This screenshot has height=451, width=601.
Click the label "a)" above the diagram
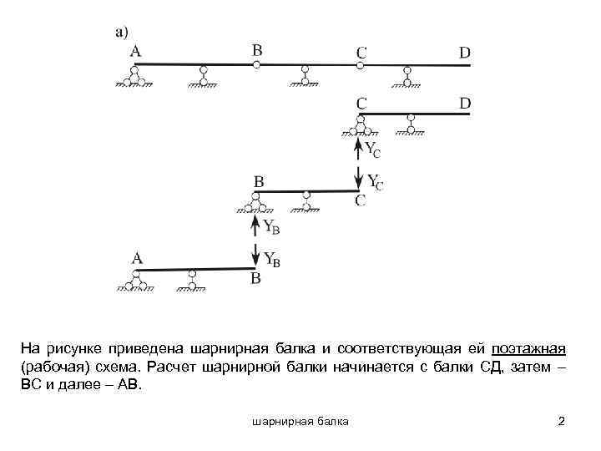pos(121,33)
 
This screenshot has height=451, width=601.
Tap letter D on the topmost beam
pos(465,53)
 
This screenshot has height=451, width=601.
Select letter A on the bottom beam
pos(137,259)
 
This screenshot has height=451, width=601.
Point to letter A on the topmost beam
pos(135,51)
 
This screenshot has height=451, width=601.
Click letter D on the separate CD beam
pos(465,103)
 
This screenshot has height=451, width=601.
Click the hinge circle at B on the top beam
pos(257,63)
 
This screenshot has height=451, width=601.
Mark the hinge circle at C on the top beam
pos(361,64)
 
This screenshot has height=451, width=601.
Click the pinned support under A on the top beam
pos(133,77)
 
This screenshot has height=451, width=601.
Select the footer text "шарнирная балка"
pos(300,422)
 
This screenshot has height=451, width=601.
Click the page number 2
pos(561,422)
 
